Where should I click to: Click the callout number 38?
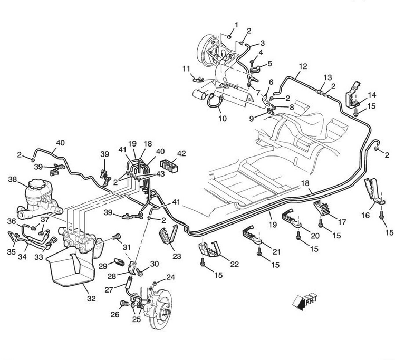12,179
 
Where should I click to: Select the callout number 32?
91,298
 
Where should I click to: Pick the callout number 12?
302,66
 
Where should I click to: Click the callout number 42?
181,154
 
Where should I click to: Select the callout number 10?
223,119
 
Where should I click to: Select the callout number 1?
236,25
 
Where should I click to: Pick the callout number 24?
170,277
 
